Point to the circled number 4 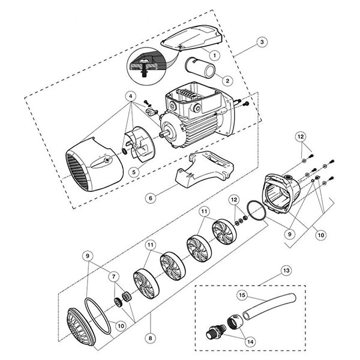click(130, 97)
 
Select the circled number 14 click(247, 341)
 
